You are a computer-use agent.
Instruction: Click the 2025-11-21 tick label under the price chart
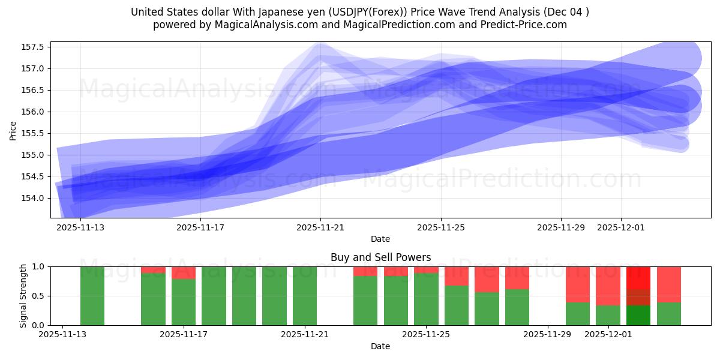pyautogui.click(x=320, y=227)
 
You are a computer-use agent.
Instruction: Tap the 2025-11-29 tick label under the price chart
pyautogui.click(x=560, y=227)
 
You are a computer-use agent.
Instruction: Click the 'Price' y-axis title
pyautogui.click(x=13, y=130)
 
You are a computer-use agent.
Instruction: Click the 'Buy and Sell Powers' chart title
pyautogui.click(x=380, y=257)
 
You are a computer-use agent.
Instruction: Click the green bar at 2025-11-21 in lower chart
pyautogui.click(x=305, y=296)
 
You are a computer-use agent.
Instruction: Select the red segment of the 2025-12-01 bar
pyautogui.click(x=608, y=286)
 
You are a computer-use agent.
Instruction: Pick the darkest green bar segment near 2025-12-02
pyautogui.click(x=638, y=315)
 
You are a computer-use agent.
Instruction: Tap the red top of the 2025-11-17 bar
pyautogui.click(x=184, y=272)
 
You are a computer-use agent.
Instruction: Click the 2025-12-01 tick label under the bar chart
pyautogui.click(x=608, y=334)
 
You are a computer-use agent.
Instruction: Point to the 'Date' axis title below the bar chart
pyautogui.click(x=380, y=346)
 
